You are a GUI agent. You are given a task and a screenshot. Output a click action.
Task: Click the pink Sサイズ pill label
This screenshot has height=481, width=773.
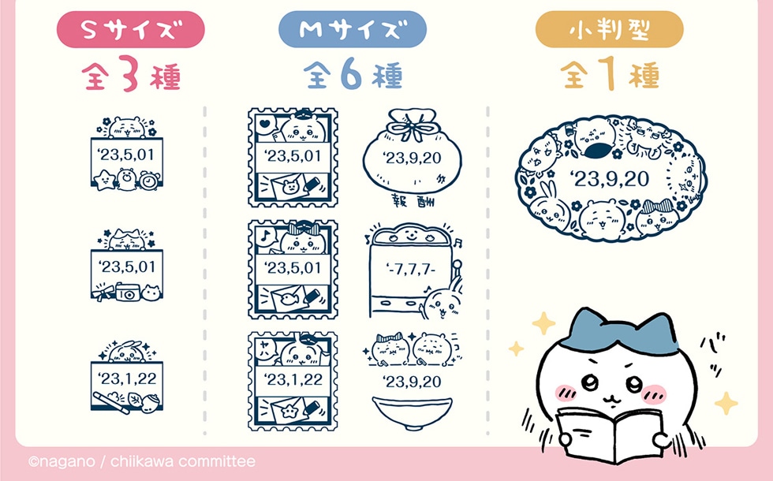coord(131,30)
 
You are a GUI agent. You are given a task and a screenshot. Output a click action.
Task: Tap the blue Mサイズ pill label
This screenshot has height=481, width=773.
coord(353,30)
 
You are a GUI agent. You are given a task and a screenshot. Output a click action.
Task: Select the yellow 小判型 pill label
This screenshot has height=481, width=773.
coord(609,30)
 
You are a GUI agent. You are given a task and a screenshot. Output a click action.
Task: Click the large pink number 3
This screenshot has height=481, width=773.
coord(129,74)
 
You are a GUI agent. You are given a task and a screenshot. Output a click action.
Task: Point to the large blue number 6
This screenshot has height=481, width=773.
coord(352,74)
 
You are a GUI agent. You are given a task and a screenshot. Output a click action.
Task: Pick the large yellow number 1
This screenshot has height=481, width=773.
coord(609,74)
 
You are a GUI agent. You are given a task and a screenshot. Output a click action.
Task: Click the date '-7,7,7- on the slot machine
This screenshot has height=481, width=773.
coord(412,270)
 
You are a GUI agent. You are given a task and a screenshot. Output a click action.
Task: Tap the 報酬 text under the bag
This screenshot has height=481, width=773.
coord(413,200)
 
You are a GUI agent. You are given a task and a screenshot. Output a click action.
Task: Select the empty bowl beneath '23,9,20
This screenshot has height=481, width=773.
coord(412,412)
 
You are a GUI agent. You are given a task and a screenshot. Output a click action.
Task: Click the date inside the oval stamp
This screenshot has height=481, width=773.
coord(609,179)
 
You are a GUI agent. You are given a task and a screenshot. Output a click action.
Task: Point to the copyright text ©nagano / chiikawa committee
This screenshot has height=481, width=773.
coord(142,461)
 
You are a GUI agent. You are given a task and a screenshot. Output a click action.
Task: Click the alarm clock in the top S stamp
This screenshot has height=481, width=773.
coord(149,181)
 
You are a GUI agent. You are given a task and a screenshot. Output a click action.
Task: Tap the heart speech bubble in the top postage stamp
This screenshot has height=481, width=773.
coord(265,124)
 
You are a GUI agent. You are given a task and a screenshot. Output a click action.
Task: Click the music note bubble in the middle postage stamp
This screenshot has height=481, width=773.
coord(265,235)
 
